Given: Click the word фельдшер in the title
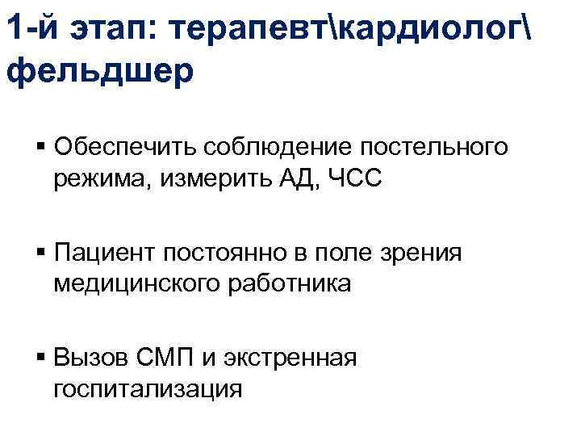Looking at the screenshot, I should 99,70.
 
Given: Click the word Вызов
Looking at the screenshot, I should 91,357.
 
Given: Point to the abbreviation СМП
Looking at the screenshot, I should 165,357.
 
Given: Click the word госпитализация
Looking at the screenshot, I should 148,388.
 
